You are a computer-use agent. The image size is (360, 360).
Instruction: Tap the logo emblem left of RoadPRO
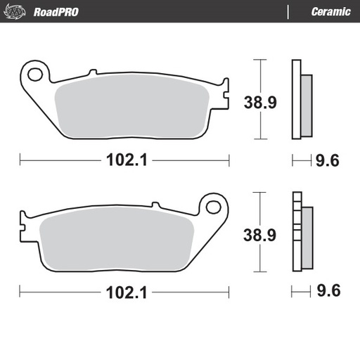pos(21,11)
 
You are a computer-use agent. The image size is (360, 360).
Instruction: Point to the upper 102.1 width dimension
pos(125,161)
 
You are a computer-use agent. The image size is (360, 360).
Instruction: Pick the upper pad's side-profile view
pos(301,98)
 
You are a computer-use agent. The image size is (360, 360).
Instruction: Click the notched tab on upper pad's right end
pos(225,98)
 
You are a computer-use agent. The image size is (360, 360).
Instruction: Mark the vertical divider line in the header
pos(288,12)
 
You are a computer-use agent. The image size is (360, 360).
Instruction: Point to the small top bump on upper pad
pos(91,72)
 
